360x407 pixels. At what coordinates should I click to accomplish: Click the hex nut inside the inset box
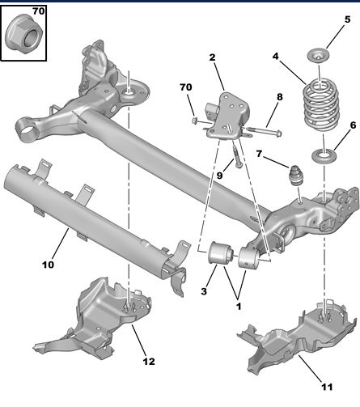[x=23, y=35]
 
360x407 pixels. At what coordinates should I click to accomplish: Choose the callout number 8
[x=279, y=97]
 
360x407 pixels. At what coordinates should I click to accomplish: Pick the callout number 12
[x=148, y=361]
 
